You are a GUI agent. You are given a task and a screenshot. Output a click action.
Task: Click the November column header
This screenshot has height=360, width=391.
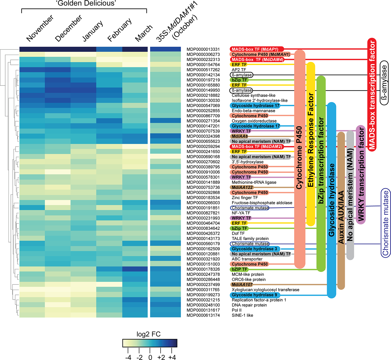[x=40, y=28]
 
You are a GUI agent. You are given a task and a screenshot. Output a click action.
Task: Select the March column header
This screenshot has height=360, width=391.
[x=143, y=33]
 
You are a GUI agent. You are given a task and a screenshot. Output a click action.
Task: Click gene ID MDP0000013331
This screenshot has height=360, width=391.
[x=203, y=49]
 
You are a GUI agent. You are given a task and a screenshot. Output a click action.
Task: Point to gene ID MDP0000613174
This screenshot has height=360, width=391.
[x=203, y=315]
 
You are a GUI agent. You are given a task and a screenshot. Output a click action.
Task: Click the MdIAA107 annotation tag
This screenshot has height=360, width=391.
[x=242, y=285]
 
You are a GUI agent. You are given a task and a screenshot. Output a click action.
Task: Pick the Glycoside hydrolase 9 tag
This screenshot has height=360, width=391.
[x=254, y=295]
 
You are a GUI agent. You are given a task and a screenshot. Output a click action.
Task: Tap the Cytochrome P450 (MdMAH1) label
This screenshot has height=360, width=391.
[x=260, y=55]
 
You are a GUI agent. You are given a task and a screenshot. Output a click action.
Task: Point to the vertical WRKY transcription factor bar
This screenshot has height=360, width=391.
[x=361, y=175]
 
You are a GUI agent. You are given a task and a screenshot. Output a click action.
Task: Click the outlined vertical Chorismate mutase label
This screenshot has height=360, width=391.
[x=385, y=223]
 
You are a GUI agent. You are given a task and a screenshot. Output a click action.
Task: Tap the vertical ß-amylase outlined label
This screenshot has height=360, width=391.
[x=384, y=83]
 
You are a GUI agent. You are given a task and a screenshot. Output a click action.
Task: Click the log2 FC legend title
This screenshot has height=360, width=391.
[x=148, y=334]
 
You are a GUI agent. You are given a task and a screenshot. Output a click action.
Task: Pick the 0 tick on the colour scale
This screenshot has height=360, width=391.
[x=150, y=358]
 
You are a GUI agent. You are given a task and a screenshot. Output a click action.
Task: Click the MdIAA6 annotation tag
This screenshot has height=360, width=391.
[x=240, y=136]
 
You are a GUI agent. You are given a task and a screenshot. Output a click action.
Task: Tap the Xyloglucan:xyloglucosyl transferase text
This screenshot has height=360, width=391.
[x=265, y=290]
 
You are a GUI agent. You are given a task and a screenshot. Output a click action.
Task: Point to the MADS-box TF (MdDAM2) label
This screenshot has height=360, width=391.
[x=257, y=146]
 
